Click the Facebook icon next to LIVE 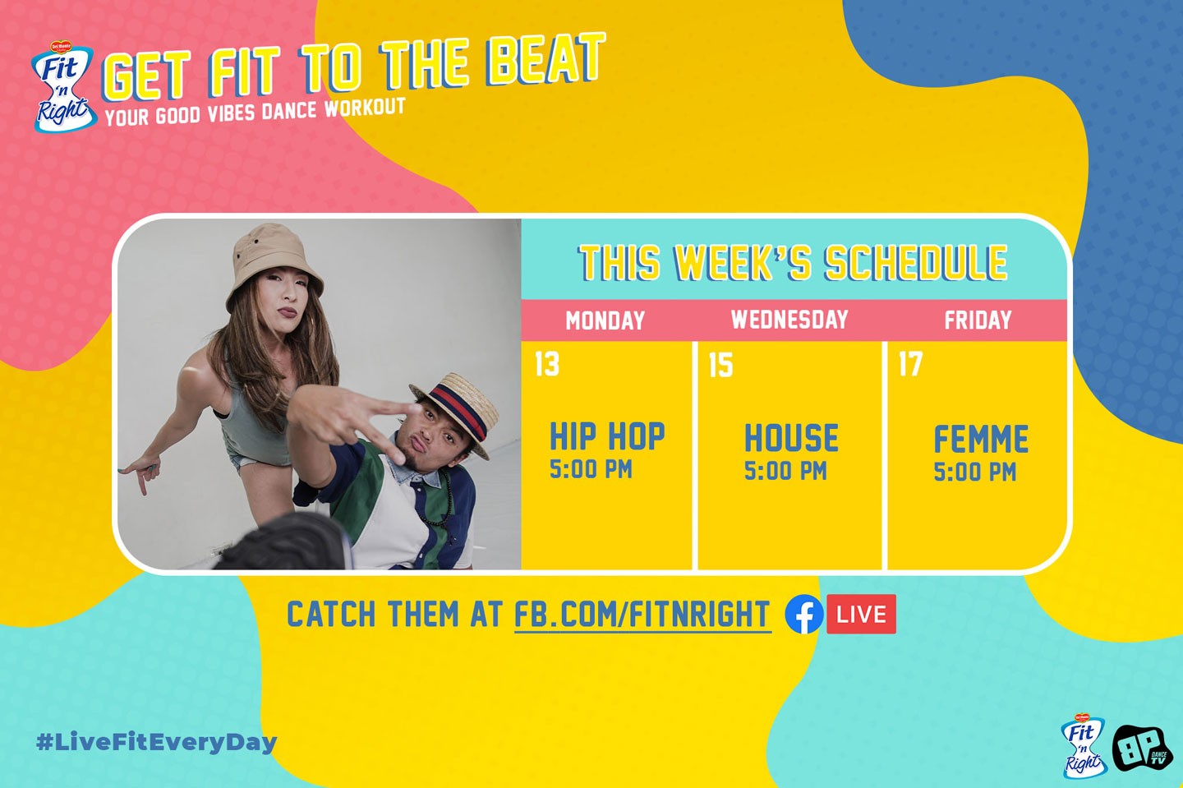click(x=803, y=615)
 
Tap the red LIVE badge click(x=861, y=614)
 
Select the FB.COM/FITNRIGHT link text click(x=642, y=615)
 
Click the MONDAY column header click(x=605, y=320)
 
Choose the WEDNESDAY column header click(x=789, y=320)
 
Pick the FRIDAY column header click(x=978, y=320)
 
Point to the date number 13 click(x=546, y=364)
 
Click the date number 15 click(x=721, y=365)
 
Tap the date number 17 click(x=910, y=364)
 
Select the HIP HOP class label click(x=607, y=436)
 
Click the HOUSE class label click(x=791, y=438)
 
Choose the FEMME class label click(x=981, y=439)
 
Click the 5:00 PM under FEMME click(x=975, y=472)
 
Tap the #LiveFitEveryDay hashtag click(x=157, y=743)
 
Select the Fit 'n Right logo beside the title click(x=63, y=86)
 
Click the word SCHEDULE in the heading click(x=916, y=262)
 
